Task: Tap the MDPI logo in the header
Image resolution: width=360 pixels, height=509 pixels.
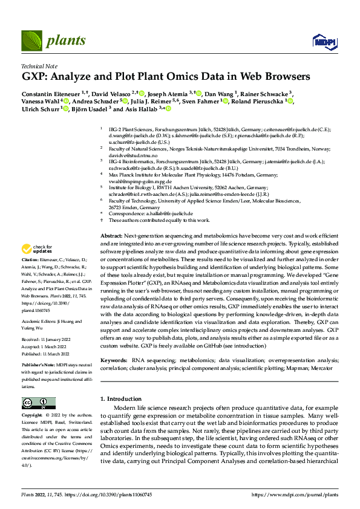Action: pyautogui.click(x=322, y=41)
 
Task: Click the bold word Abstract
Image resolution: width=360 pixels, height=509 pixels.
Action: pyautogui.click(x=111, y=235)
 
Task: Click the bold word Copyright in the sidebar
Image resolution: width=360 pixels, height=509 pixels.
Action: pyautogui.click(x=31, y=416)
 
